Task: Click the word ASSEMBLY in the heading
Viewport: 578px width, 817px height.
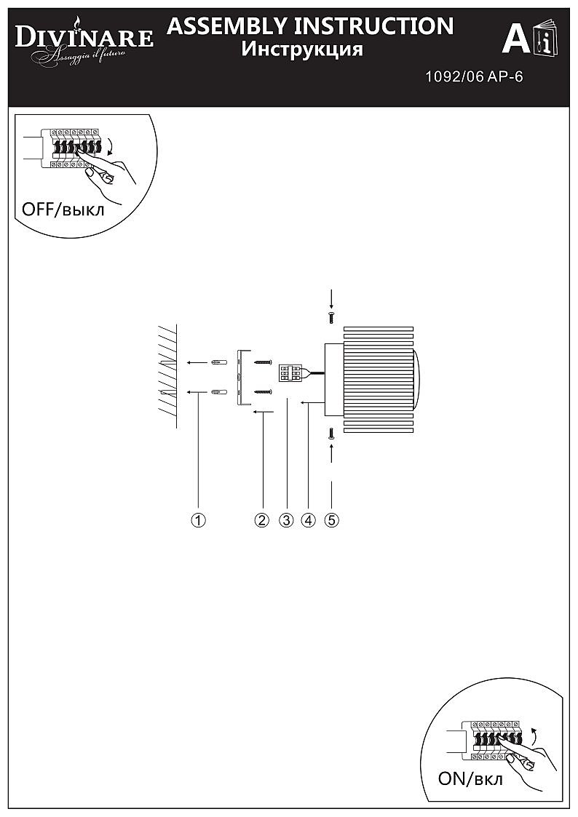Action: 226,25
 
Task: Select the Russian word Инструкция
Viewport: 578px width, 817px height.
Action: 302,49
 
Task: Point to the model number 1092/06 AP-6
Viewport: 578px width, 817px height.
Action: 474,76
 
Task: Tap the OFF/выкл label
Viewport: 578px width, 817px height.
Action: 63,210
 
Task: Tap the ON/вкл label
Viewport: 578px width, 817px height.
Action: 470,779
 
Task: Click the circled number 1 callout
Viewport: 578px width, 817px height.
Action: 199,519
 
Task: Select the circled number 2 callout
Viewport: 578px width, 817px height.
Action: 261,519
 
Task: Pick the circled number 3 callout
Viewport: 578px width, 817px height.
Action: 286,519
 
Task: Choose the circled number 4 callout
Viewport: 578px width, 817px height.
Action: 308,519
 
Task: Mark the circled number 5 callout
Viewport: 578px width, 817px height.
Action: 331,519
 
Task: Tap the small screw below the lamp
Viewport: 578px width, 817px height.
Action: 331,434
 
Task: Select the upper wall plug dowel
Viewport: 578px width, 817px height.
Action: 219,362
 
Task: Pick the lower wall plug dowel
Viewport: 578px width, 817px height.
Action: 219,392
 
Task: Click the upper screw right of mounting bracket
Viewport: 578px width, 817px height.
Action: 264,362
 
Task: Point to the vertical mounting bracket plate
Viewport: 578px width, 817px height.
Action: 240,378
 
